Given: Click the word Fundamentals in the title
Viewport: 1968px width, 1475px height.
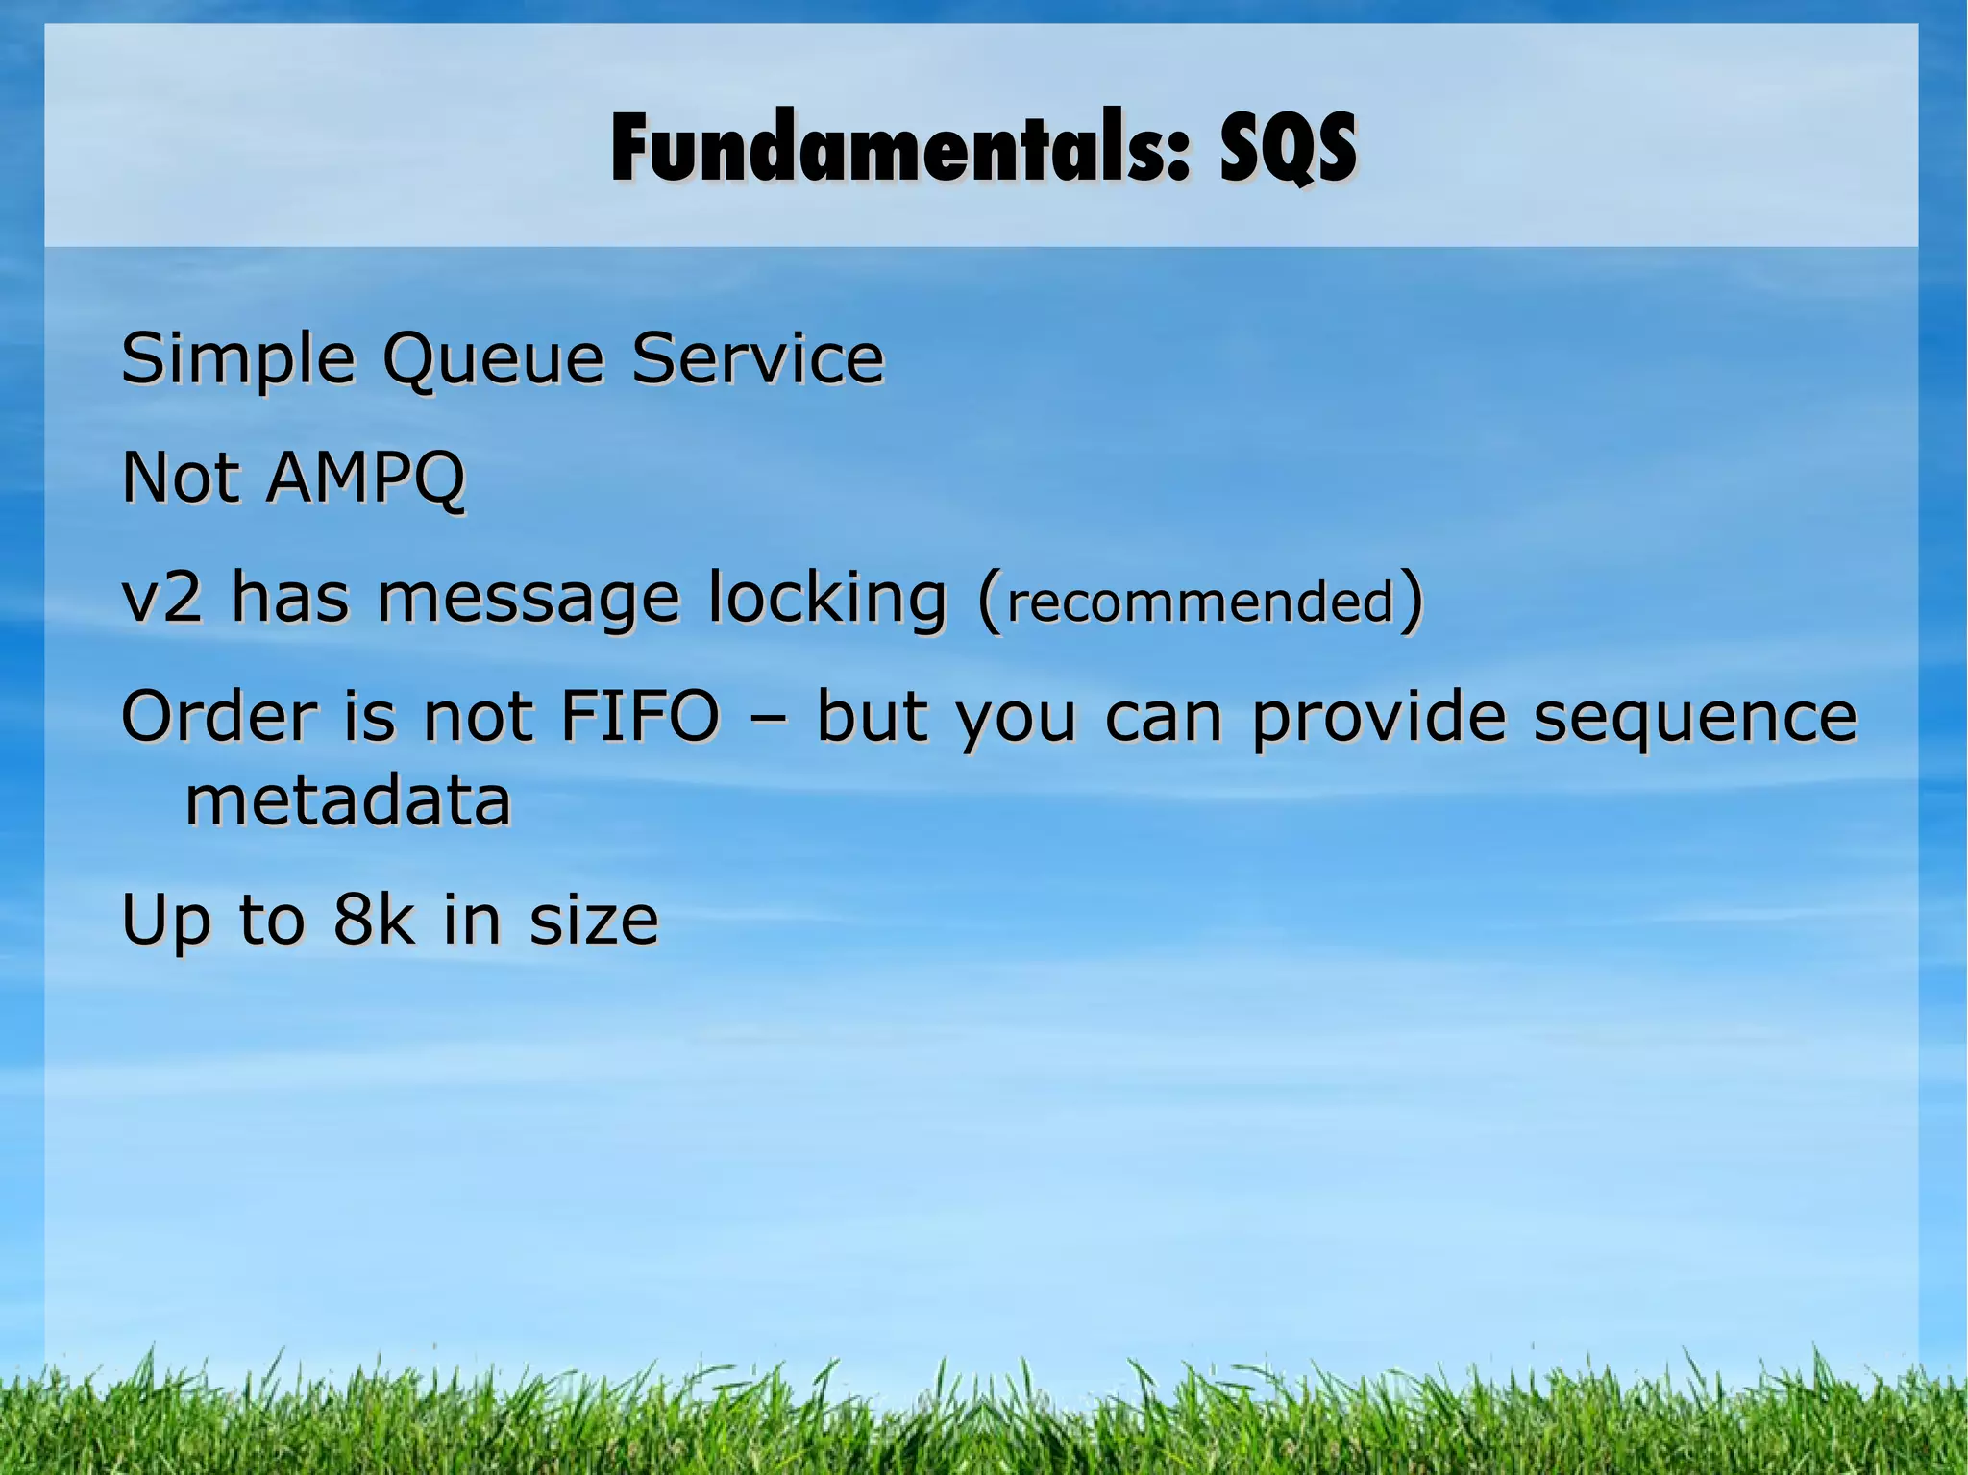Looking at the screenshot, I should click(899, 148).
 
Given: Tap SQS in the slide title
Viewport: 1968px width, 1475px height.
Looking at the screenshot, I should click(1288, 148).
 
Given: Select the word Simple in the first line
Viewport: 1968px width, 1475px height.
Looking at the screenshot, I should click(237, 359).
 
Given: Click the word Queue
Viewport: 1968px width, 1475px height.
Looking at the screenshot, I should click(493, 359).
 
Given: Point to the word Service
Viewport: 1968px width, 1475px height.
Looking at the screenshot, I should click(757, 357).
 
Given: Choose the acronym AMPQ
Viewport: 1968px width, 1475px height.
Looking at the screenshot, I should click(365, 478).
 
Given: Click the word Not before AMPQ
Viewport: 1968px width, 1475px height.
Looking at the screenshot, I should click(181, 478).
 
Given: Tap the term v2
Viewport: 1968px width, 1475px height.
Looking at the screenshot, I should click(162, 598).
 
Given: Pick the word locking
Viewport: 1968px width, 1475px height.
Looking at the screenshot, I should click(827, 599).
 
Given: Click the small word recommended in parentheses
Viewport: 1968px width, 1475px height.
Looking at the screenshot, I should click(1200, 602).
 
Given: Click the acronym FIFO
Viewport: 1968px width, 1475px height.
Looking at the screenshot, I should click(639, 717).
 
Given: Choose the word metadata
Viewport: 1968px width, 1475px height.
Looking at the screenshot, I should click(348, 801).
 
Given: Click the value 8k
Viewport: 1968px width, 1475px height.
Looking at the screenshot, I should click(374, 920).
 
